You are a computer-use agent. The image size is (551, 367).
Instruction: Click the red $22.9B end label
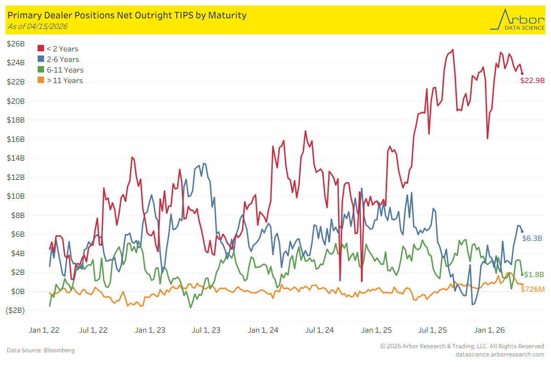(532, 80)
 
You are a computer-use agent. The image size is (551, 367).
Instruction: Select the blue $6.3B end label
(532, 238)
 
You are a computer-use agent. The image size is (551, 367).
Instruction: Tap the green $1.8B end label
(534, 274)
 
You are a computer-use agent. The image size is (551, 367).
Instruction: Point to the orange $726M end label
(533, 289)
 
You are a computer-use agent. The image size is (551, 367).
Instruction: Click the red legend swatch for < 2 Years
(41, 48)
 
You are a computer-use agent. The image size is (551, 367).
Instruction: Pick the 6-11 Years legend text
(65, 70)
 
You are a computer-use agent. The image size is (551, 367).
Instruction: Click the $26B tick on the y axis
(16, 44)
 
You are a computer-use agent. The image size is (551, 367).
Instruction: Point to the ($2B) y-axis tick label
(15, 310)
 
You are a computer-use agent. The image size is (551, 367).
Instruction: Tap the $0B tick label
(18, 291)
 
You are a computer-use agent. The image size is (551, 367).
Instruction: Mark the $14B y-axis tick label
(16, 158)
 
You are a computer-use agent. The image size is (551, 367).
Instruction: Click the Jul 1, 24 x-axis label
(320, 330)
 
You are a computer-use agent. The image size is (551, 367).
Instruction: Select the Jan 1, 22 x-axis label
(44, 330)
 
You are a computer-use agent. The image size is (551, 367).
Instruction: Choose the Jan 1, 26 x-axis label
(489, 330)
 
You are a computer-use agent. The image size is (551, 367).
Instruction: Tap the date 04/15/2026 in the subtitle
(47, 26)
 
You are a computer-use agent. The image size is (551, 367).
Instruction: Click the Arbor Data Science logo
(517, 20)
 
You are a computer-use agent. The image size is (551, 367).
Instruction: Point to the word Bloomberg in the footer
(59, 350)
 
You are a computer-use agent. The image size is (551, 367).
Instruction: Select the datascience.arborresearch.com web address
(500, 355)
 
